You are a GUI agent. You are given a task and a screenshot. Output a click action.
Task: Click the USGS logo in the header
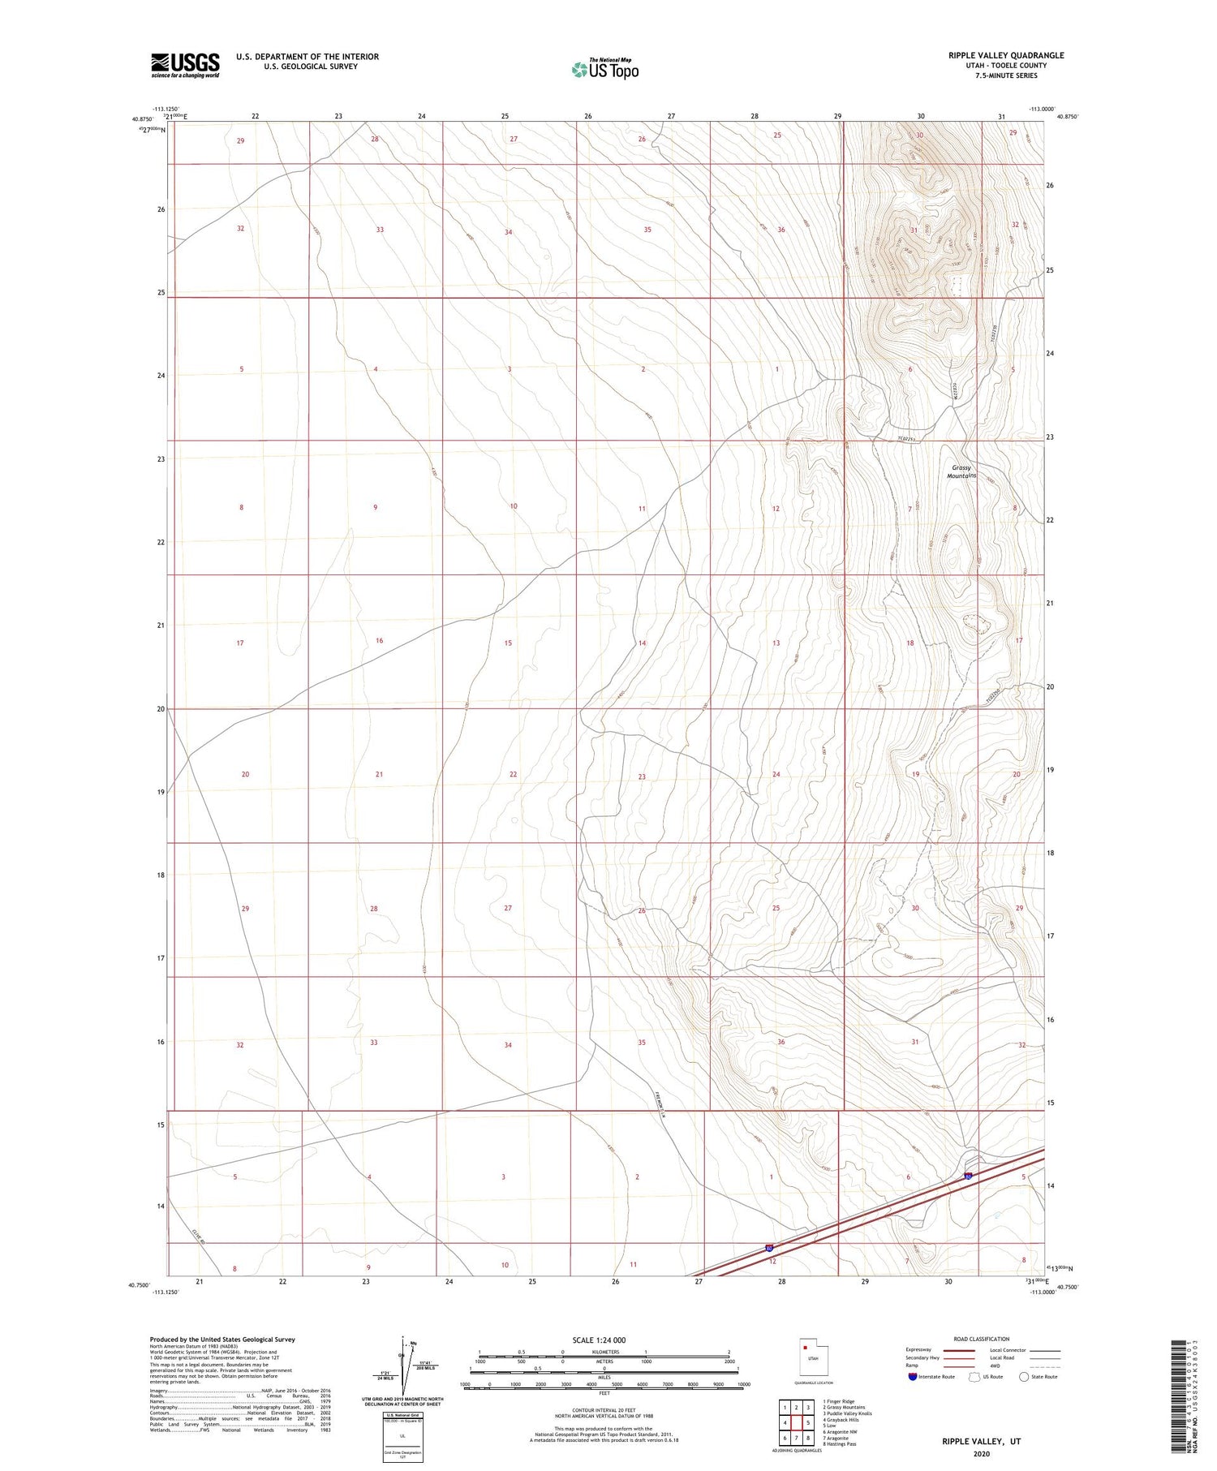coord(185,65)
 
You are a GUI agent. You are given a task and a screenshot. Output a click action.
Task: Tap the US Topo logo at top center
coord(604,70)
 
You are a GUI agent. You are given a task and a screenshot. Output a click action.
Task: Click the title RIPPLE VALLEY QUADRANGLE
coord(1006,55)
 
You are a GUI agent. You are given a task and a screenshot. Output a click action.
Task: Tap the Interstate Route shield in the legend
coord(913,1377)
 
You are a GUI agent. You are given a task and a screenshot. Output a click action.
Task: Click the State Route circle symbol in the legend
coord(1024,1377)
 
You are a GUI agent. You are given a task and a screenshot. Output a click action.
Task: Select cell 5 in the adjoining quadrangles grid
coord(808,1422)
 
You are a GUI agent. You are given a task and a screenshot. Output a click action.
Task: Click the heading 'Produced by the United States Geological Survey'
coord(221,1340)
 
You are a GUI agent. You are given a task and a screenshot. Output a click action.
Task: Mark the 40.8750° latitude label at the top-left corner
coord(141,119)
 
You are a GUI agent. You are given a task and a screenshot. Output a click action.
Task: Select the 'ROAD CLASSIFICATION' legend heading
coord(981,1339)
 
